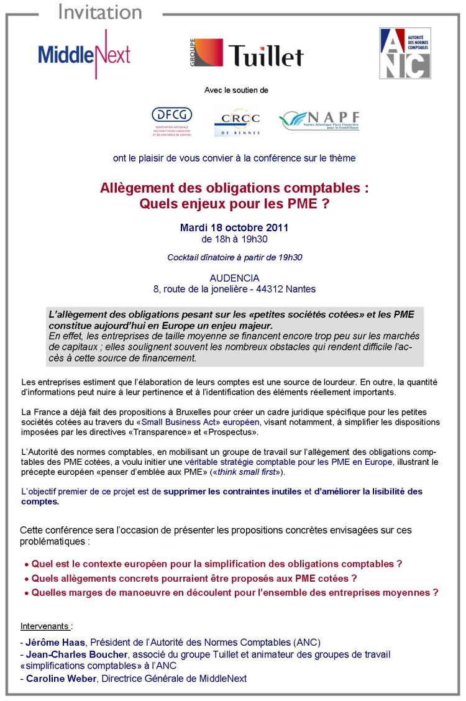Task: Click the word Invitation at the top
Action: coord(99,12)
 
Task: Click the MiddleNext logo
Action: coord(84,54)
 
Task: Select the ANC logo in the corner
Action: coord(405,53)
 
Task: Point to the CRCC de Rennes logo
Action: coord(237,122)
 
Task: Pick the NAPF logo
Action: coord(319,121)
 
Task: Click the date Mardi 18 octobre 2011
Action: coord(234,228)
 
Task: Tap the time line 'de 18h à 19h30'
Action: coord(234,239)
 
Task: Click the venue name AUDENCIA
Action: coord(234,278)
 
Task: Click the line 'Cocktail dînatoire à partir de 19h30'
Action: coord(234,257)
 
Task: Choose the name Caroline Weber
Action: coord(61,678)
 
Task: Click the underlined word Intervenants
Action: coord(45,626)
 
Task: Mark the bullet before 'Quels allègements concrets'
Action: coord(26,579)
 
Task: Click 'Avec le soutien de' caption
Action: coord(236,90)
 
